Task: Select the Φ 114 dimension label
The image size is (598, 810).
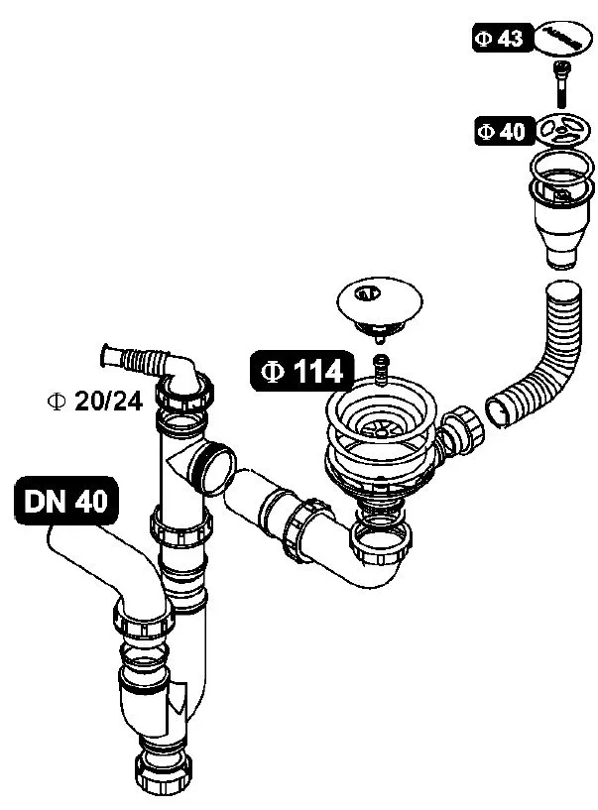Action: pyautogui.click(x=302, y=371)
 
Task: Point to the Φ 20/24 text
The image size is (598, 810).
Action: pyautogui.click(x=94, y=401)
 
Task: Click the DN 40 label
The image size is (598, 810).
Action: pyautogui.click(x=66, y=501)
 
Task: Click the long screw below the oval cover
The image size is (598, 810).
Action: pyautogui.click(x=560, y=83)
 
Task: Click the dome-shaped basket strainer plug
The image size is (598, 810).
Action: pyautogui.click(x=380, y=306)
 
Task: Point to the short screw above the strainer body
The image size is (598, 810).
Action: pyautogui.click(x=381, y=369)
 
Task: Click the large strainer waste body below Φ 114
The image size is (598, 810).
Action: pyautogui.click(x=382, y=444)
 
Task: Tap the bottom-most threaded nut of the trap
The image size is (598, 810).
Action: pyautogui.click(x=164, y=776)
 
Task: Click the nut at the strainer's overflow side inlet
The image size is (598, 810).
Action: pyautogui.click(x=461, y=430)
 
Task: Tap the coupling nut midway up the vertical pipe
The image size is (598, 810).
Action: pyautogui.click(x=180, y=525)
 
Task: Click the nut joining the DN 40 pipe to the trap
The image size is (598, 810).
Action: pyautogui.click(x=143, y=622)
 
